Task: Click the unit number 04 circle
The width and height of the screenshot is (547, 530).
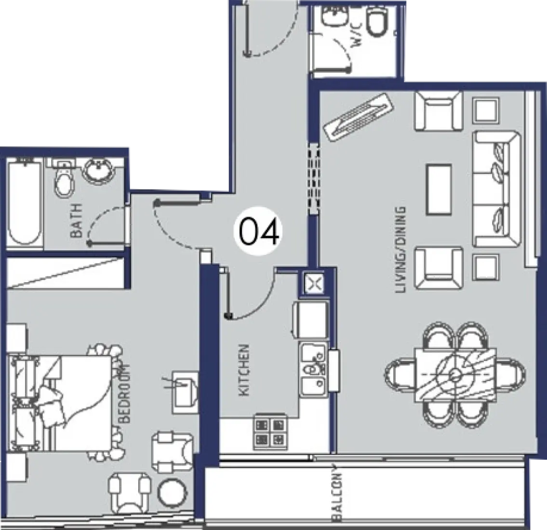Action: tap(258, 232)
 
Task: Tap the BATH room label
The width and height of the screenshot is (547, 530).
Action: tap(77, 220)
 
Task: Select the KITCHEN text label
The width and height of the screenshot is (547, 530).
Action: tap(244, 371)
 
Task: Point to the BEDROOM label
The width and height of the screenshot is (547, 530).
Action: tap(124, 393)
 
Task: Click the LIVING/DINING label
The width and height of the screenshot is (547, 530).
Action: tap(400, 250)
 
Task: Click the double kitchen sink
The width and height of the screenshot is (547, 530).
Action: tap(314, 370)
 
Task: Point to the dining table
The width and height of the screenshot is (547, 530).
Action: tap(455, 375)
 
